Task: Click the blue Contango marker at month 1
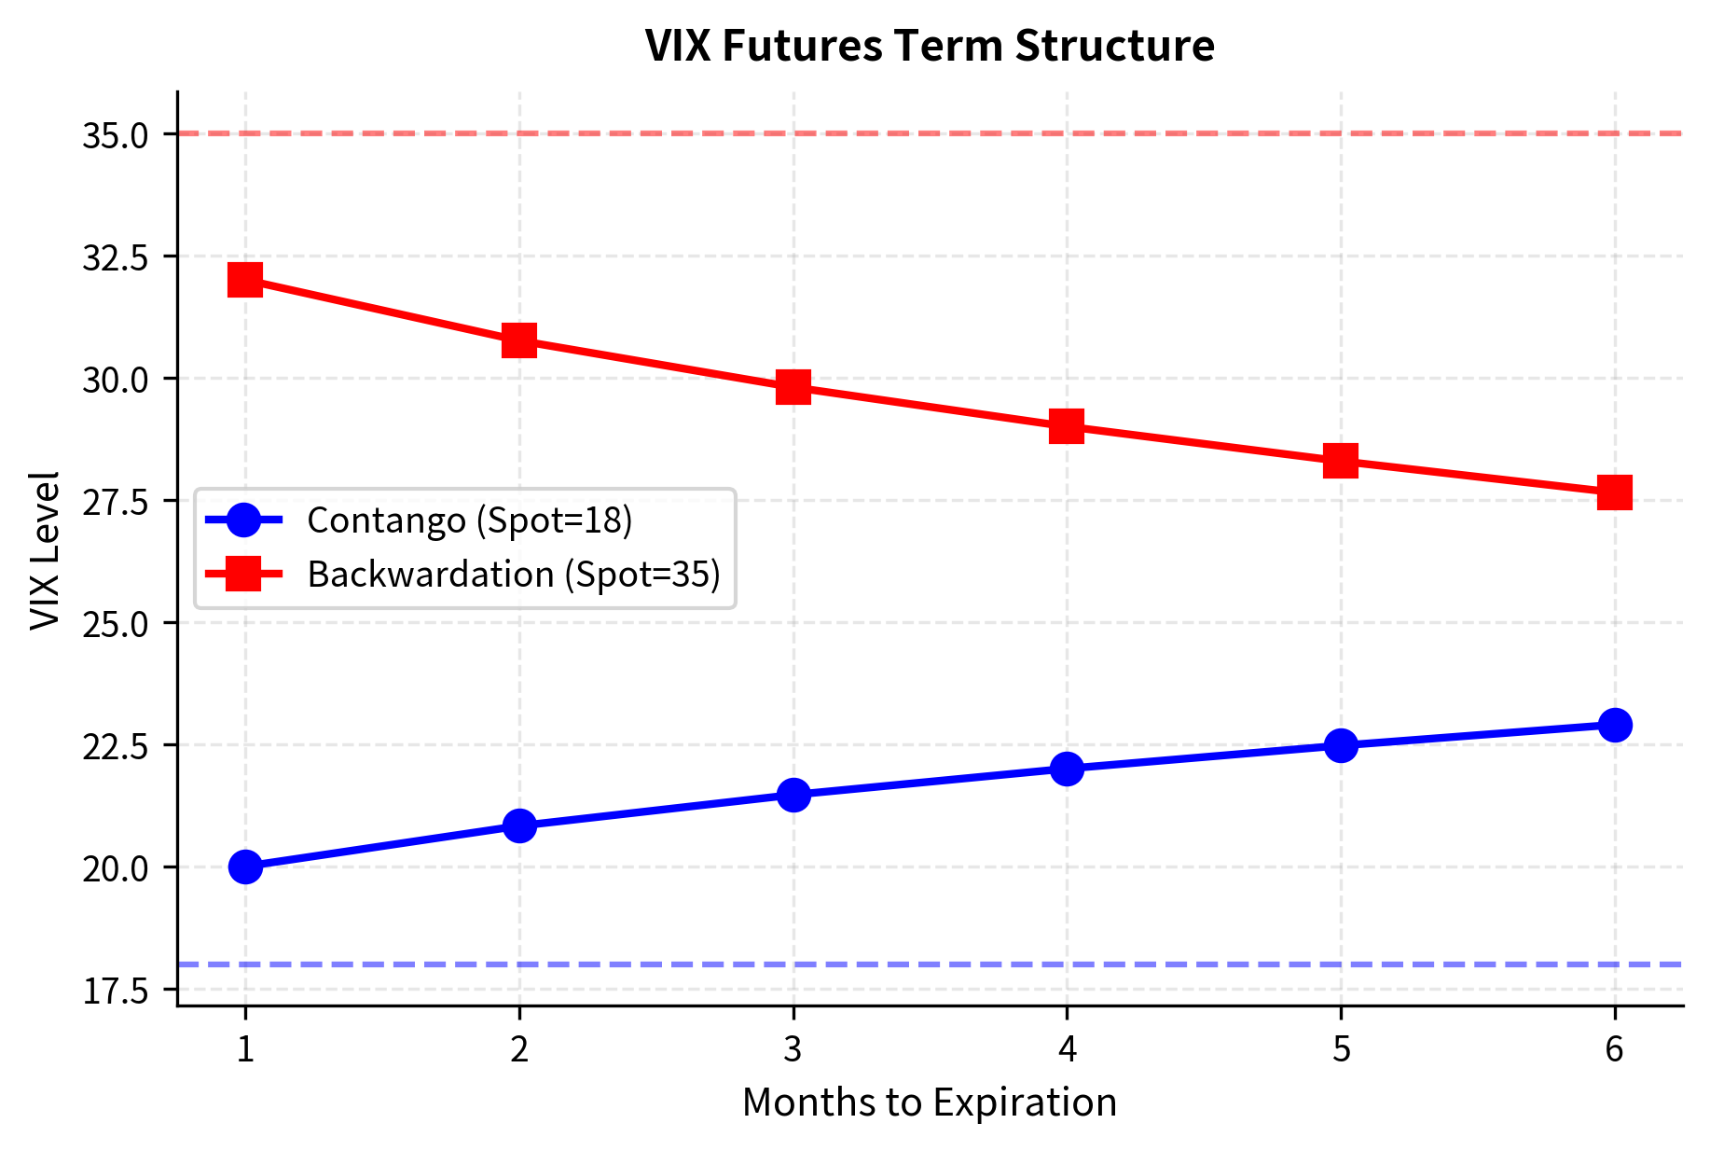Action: (245, 867)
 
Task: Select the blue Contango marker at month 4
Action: (1067, 769)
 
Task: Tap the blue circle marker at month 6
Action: (1615, 725)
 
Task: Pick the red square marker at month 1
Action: (245, 279)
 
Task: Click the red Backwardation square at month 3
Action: (793, 386)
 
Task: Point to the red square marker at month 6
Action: (1615, 492)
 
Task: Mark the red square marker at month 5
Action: (1341, 460)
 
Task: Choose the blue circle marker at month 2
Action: (519, 825)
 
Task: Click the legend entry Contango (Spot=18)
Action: (469, 520)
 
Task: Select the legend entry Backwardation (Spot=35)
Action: (514, 575)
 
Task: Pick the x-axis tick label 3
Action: (793, 1049)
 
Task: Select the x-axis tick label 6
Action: (1615, 1049)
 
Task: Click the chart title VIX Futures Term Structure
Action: (930, 46)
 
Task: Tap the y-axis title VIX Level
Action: (45, 550)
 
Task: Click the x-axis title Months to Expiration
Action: (930, 1102)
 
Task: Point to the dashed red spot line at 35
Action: (932, 133)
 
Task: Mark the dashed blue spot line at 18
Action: (932, 964)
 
